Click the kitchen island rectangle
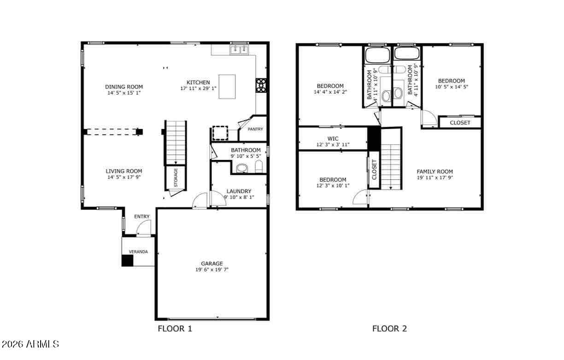pos(227,87)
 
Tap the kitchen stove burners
pos(261,85)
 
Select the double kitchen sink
pos(239,50)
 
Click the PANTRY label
pos(255,129)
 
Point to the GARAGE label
pos(212,264)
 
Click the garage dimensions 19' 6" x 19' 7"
pos(212,270)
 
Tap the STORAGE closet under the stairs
pos(176,178)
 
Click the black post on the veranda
pos(127,260)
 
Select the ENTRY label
pos(142,216)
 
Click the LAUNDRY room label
pos(239,191)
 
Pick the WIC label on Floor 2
pos(333,139)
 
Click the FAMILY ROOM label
pos(435,171)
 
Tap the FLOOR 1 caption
pos(175,329)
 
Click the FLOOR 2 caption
pos(389,329)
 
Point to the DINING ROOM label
pos(124,87)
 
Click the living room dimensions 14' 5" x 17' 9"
pos(124,177)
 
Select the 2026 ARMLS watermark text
pos(30,344)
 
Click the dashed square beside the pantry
pos(220,133)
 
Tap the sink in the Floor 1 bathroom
pos(242,168)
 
